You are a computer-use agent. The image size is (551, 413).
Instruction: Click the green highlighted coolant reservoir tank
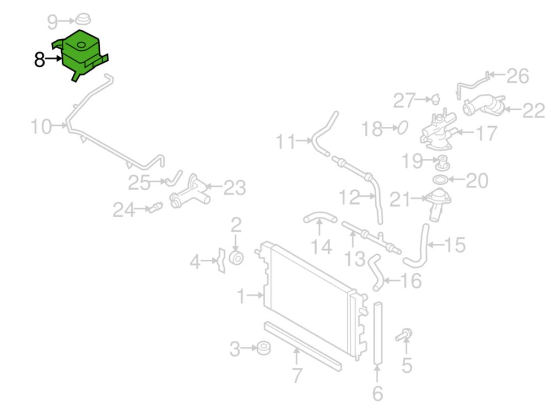[82, 55]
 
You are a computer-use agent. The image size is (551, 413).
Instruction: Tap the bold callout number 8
[39, 60]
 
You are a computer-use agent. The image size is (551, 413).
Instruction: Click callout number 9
[52, 22]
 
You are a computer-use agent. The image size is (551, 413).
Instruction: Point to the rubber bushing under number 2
[236, 258]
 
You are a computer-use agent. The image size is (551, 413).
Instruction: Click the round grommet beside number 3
[263, 348]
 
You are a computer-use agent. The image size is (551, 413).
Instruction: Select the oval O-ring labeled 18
[403, 127]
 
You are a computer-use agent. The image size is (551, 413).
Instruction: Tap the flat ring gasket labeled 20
[440, 180]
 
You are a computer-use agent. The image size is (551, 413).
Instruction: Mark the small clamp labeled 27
[436, 99]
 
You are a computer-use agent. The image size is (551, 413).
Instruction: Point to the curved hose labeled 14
[320, 218]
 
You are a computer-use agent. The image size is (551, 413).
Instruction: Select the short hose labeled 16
[375, 273]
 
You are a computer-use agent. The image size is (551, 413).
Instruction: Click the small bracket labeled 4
[221, 260]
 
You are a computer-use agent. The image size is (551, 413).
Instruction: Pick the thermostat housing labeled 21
[438, 204]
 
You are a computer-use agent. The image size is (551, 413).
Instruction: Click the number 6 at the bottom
[377, 393]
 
